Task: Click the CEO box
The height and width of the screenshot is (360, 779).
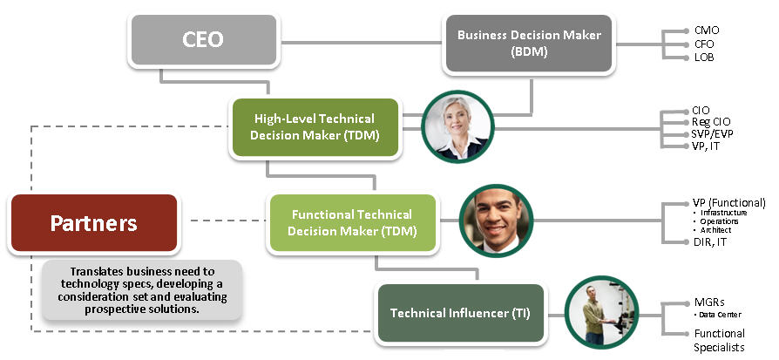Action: pyautogui.click(x=204, y=40)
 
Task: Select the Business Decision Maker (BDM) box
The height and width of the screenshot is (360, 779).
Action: pyautogui.click(x=529, y=44)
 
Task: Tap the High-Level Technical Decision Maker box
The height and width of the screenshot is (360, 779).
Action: pyautogui.click(x=315, y=127)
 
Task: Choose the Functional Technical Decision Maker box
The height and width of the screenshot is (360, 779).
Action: pyautogui.click(x=353, y=223)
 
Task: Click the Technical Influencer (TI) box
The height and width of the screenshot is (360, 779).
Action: pyautogui.click(x=461, y=313)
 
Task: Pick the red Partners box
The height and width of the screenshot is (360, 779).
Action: pyautogui.click(x=94, y=223)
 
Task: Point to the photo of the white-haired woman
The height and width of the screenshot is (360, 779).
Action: pyautogui.click(x=457, y=126)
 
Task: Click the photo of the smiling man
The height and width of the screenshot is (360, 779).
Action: pyautogui.click(x=496, y=221)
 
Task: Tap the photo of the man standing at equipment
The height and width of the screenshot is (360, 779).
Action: pyautogui.click(x=601, y=312)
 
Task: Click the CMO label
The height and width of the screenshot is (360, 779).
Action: pyautogui.click(x=707, y=31)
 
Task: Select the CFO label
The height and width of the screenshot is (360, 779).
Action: pyautogui.click(x=704, y=44)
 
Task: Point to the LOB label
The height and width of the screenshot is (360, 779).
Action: pyautogui.click(x=704, y=58)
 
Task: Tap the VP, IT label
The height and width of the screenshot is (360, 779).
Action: pyautogui.click(x=706, y=146)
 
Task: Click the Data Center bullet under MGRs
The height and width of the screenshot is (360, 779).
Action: pyautogui.click(x=720, y=315)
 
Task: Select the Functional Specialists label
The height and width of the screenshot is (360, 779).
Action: pyautogui.click(x=720, y=340)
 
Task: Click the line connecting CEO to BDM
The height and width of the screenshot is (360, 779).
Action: pyautogui.click(x=362, y=42)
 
